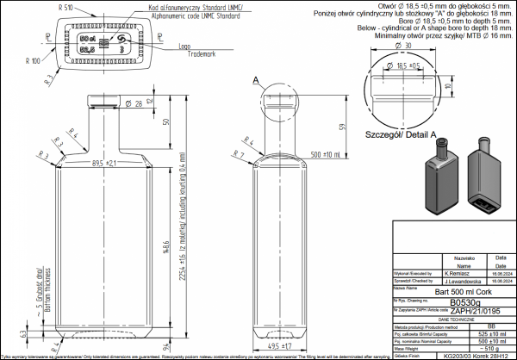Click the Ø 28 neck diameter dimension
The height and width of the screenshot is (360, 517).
pos(134,104)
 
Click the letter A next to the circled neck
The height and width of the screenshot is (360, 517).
pos(256,79)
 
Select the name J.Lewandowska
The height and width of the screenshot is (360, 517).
pos(464,280)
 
